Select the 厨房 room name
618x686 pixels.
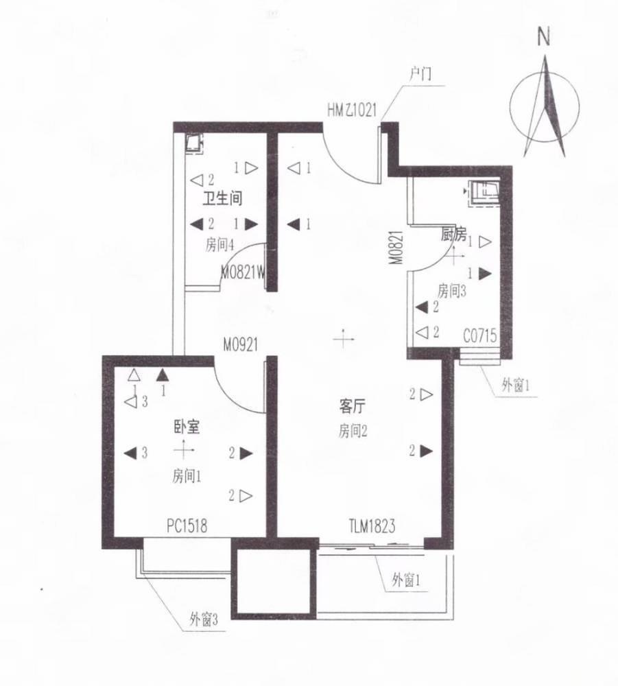tap(453, 235)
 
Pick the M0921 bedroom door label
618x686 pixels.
tap(239, 345)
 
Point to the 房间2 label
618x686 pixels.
tap(353, 431)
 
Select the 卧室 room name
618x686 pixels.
tap(186, 427)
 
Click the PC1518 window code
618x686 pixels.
tap(187, 526)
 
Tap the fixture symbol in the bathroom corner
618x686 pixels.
tap(195, 143)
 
